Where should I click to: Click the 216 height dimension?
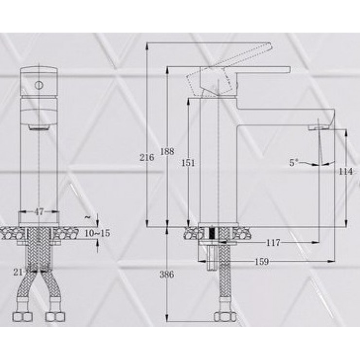coord(146,157)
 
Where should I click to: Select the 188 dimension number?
coord(167,151)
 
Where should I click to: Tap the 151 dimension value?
coord(188,163)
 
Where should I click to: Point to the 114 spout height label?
coord(345,171)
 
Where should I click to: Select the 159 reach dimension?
coord(262,262)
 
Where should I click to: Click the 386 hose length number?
coord(167,274)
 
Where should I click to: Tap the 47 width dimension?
coord(39,212)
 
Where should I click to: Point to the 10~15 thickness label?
coord(97,234)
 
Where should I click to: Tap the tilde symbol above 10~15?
coord(87,216)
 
